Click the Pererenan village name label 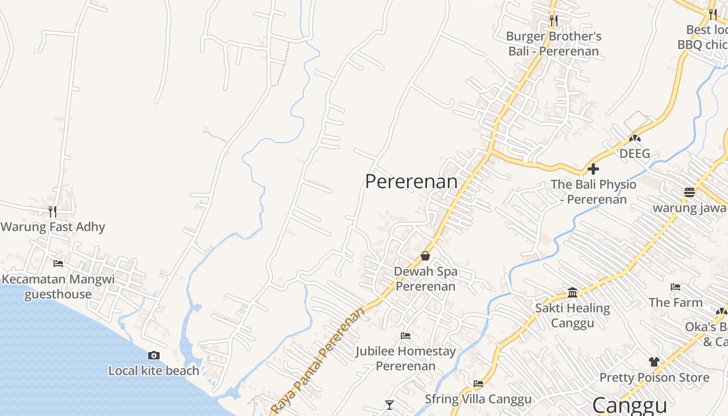[411, 181]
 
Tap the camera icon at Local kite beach [154, 356]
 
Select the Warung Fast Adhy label [53, 227]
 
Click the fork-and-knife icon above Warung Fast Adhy [53, 211]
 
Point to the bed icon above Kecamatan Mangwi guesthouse [58, 264]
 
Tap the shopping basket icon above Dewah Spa [425, 256]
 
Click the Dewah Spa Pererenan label [425, 279]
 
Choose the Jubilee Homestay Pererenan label [406, 358]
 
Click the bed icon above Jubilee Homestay [406, 336]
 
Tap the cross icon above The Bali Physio [593, 169]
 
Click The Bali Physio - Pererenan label [593, 192]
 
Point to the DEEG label [634, 153]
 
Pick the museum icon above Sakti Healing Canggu [573, 293]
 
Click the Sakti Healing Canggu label [573, 315]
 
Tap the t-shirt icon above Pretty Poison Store [654, 362]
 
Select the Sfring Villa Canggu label [478, 399]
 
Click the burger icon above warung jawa [690, 192]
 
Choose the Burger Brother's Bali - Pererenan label [553, 44]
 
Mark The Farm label [675, 302]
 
